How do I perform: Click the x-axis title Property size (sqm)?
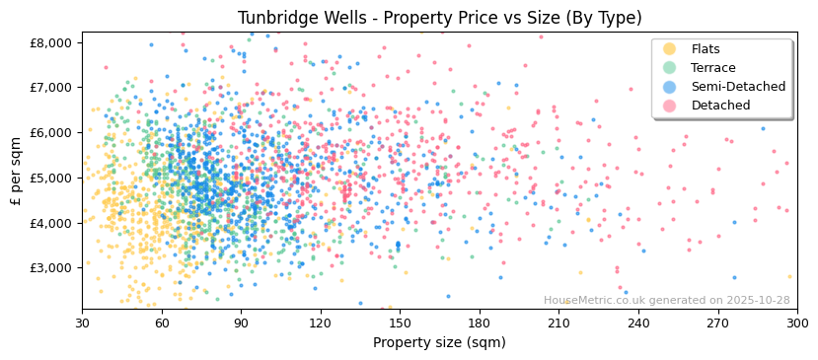pos(439,343)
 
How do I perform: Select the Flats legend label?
pos(706,49)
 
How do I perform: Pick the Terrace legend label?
pos(712,68)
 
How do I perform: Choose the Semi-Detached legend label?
pos(738,87)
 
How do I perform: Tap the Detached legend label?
pos(720,106)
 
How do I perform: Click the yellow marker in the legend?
pos(670,49)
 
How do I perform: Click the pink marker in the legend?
pos(670,106)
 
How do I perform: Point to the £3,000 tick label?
pos(51,268)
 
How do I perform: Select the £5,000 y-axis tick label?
pos(51,178)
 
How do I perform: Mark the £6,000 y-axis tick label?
pos(51,132)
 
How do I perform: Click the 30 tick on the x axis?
pos(82,323)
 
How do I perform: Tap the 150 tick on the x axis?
pos(400,323)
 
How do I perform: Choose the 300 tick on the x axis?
pos(796,323)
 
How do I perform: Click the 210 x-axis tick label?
pos(558,323)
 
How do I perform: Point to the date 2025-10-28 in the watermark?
pos(759,301)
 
